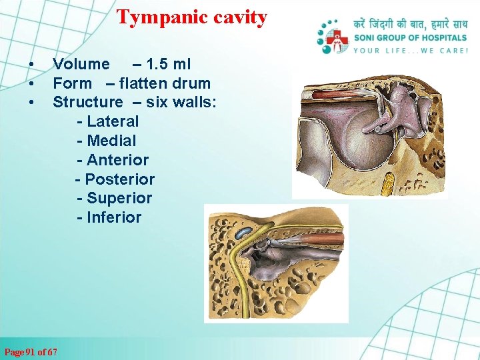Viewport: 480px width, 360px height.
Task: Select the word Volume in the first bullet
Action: click(81, 64)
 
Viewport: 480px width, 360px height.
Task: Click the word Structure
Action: click(87, 102)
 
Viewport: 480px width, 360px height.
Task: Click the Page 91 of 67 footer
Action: click(31, 351)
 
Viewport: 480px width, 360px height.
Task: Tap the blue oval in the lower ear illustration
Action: click(243, 233)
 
